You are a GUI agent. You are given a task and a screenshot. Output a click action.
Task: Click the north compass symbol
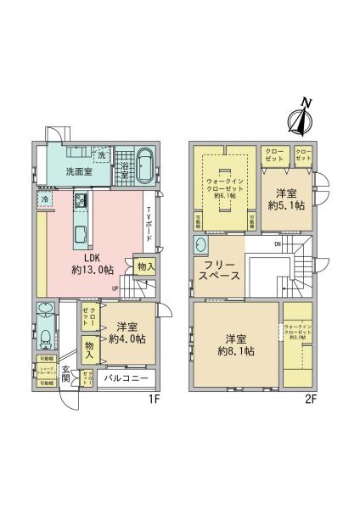point(301,119)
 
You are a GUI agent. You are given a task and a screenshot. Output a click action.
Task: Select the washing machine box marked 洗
point(101,156)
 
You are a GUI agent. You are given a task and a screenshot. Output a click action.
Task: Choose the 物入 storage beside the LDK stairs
point(145,266)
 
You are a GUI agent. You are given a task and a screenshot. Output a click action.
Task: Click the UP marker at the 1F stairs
point(115,288)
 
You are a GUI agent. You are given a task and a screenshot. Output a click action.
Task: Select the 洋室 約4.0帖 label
point(127,333)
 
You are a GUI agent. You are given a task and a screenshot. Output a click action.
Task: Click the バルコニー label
point(125,378)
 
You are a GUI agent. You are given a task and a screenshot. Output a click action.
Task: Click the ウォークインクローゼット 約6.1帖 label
point(224,187)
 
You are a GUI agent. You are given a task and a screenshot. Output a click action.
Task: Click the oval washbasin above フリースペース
point(201,245)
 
